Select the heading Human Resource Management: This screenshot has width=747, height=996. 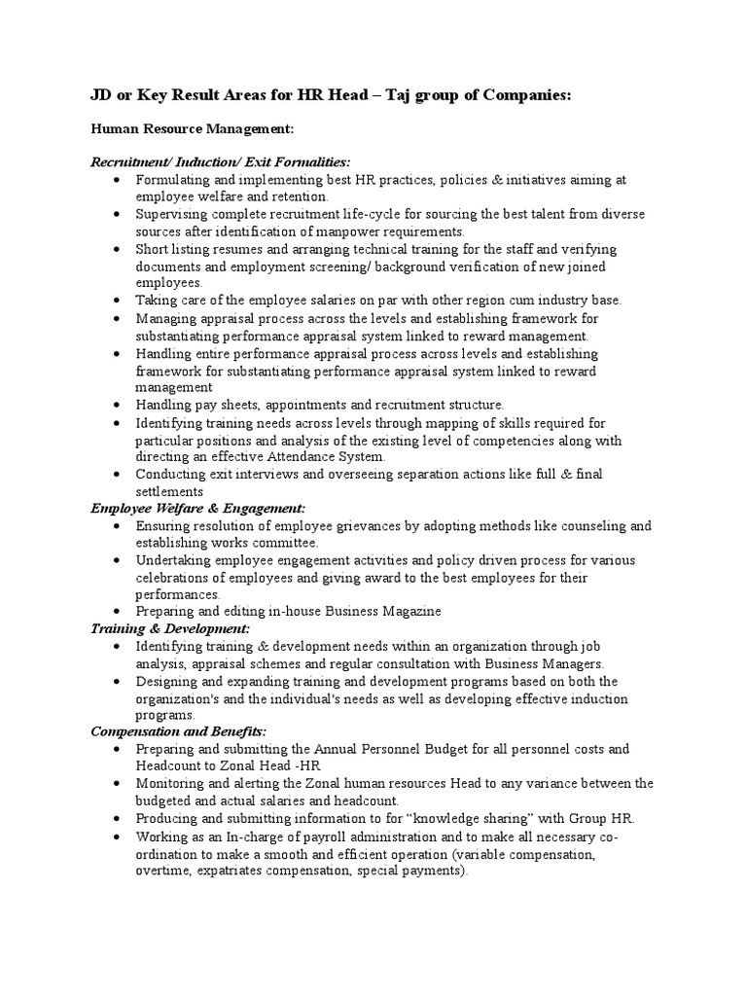pos(193,128)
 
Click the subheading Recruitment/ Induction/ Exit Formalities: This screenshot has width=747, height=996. pos(221,161)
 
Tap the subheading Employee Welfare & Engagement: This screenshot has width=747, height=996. pos(197,508)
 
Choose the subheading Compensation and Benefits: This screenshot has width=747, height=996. pos(179,730)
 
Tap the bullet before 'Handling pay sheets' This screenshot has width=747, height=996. pos(117,405)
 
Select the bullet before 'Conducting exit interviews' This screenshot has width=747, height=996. pos(117,475)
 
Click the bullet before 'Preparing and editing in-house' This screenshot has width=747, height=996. pos(117,612)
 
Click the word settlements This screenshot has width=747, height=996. pos(169,491)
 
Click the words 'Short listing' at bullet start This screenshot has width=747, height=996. pos(172,250)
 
